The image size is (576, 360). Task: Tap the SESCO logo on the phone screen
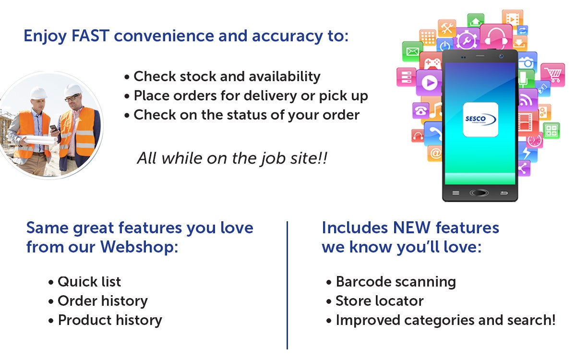pyautogui.click(x=480, y=120)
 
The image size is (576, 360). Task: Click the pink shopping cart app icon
pyautogui.click(x=552, y=73)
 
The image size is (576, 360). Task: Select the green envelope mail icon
pyautogui.click(x=412, y=51)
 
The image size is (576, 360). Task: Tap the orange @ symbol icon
pyautogui.click(x=435, y=154)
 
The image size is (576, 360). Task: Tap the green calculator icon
pyautogui.click(x=551, y=131)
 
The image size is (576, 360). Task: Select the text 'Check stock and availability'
pyautogui.click(x=227, y=76)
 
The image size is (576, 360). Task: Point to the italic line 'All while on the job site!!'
pyautogui.click(x=232, y=158)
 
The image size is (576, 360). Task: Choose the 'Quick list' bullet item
pyautogui.click(x=89, y=282)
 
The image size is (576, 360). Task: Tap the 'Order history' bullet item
pyautogui.click(x=102, y=301)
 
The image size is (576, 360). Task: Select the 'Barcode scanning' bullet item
pyautogui.click(x=396, y=282)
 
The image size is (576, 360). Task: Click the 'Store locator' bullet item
pyautogui.click(x=379, y=301)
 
